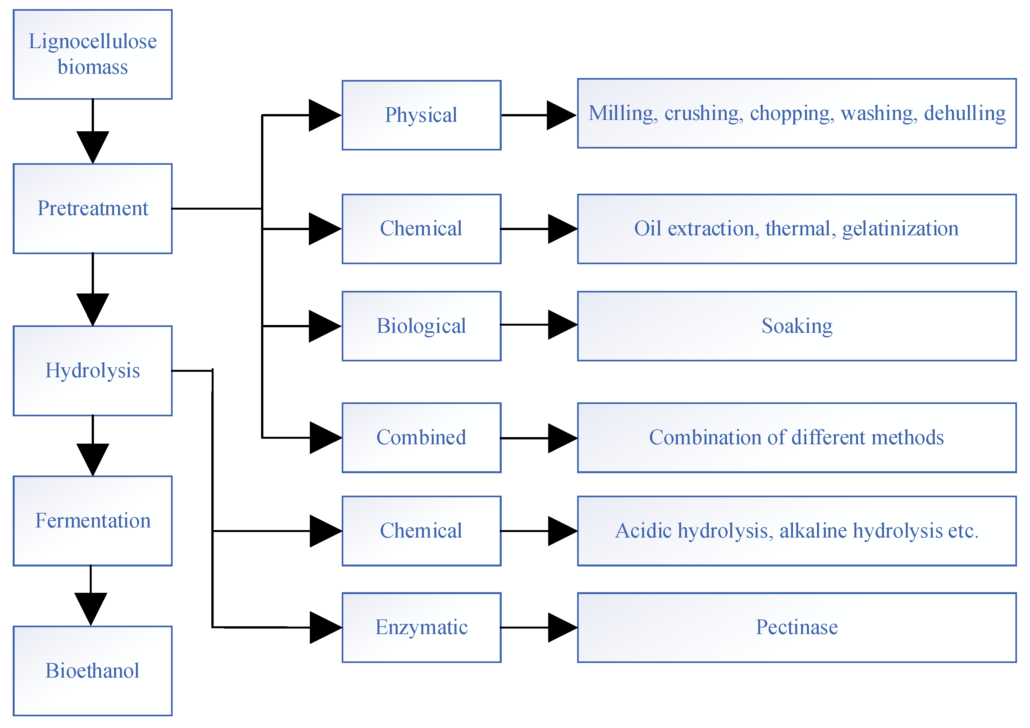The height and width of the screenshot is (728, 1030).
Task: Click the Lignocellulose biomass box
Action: point(92,54)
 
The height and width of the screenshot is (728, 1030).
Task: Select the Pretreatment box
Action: point(92,209)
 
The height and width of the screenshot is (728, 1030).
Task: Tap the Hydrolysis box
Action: point(92,371)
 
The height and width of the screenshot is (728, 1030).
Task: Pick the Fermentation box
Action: point(92,521)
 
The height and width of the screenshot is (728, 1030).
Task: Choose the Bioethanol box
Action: point(92,670)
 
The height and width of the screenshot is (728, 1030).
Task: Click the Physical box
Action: point(421,115)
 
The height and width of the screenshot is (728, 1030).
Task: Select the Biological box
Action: point(421,326)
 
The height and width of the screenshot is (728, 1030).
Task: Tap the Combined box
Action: point(421,438)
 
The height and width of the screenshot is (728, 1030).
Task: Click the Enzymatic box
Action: point(421,628)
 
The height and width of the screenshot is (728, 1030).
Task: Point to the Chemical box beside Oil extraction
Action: point(421,229)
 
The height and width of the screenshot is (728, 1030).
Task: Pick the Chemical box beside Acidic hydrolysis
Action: point(421,531)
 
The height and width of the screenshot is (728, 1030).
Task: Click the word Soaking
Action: point(797,326)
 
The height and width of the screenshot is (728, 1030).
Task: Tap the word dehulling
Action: point(965,113)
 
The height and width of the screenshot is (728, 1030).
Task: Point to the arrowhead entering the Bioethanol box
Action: point(91,609)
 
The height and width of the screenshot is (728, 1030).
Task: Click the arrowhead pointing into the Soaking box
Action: point(562,325)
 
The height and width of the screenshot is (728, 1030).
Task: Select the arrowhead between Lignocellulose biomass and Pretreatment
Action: point(92,147)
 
